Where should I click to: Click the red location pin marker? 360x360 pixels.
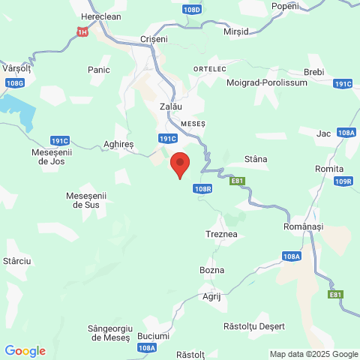(x=180, y=163)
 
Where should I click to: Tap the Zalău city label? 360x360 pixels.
(x=171, y=107)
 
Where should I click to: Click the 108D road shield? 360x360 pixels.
(x=191, y=10)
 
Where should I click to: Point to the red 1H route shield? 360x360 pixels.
(x=82, y=31)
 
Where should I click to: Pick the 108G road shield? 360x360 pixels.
(x=14, y=82)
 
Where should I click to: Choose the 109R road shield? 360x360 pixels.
(x=344, y=181)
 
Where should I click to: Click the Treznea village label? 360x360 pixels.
(x=221, y=235)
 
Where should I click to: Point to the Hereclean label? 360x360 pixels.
(x=100, y=16)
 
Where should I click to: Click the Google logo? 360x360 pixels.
(x=25, y=350)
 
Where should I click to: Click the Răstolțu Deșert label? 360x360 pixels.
(x=255, y=326)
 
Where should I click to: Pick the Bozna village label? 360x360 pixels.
(x=212, y=269)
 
